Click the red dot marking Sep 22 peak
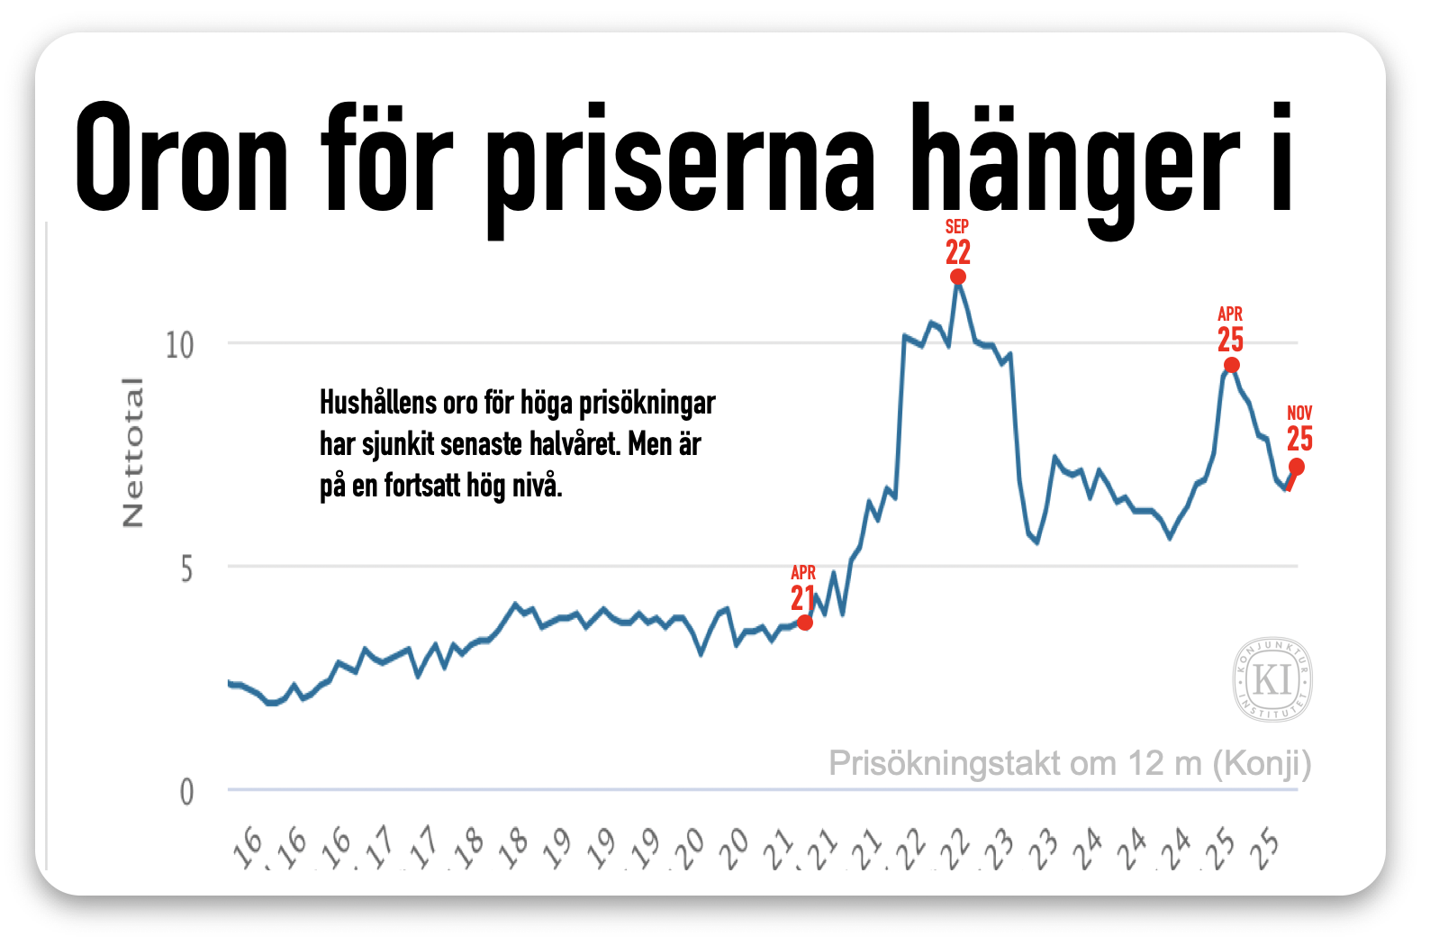pos(958,277)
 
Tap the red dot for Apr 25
pos(1232,365)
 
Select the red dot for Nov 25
pos(1297,467)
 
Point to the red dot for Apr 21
pos(805,622)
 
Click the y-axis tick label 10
pos(179,344)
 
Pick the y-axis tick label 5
pos(186,569)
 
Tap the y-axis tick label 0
pos(186,792)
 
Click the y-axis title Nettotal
pos(132,452)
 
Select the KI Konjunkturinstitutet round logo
pos(1272,679)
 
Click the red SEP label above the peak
pos(957,226)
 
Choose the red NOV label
pos(1299,413)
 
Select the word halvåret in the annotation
pos(571,444)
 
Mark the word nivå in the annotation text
pos(538,486)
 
